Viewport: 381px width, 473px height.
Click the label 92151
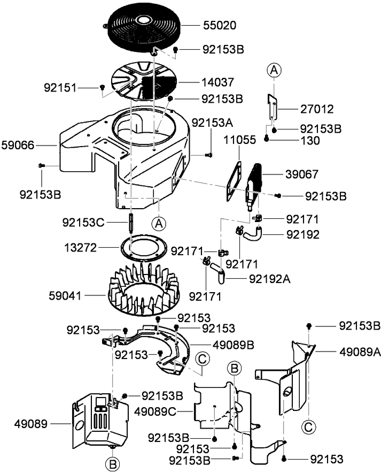tap(60, 87)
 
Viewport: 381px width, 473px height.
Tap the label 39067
tap(302, 174)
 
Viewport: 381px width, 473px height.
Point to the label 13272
tap(80, 247)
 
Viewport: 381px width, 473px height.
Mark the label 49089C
tap(154, 411)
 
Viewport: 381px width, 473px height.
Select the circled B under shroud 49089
tap(112, 462)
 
